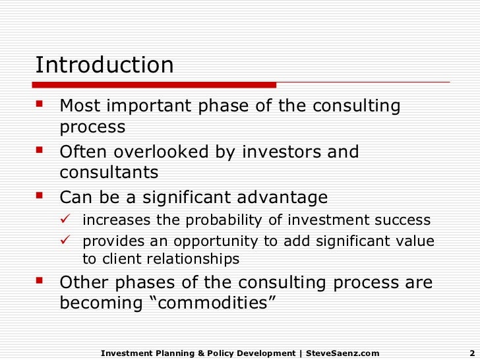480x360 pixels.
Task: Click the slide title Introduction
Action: coord(104,65)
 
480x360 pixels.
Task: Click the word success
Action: coord(402,220)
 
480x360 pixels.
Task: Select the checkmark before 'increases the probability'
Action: coord(70,220)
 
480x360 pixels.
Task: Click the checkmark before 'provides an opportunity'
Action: coord(70,241)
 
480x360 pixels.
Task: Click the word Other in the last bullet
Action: coord(81,283)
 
